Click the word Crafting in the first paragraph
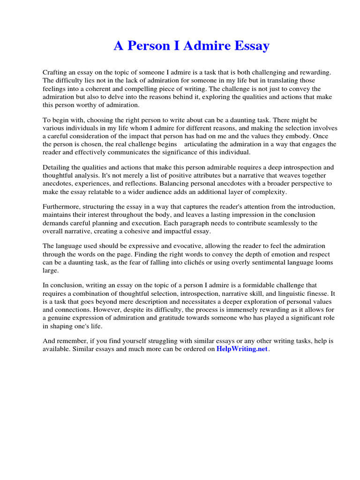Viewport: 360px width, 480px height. coord(56,73)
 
